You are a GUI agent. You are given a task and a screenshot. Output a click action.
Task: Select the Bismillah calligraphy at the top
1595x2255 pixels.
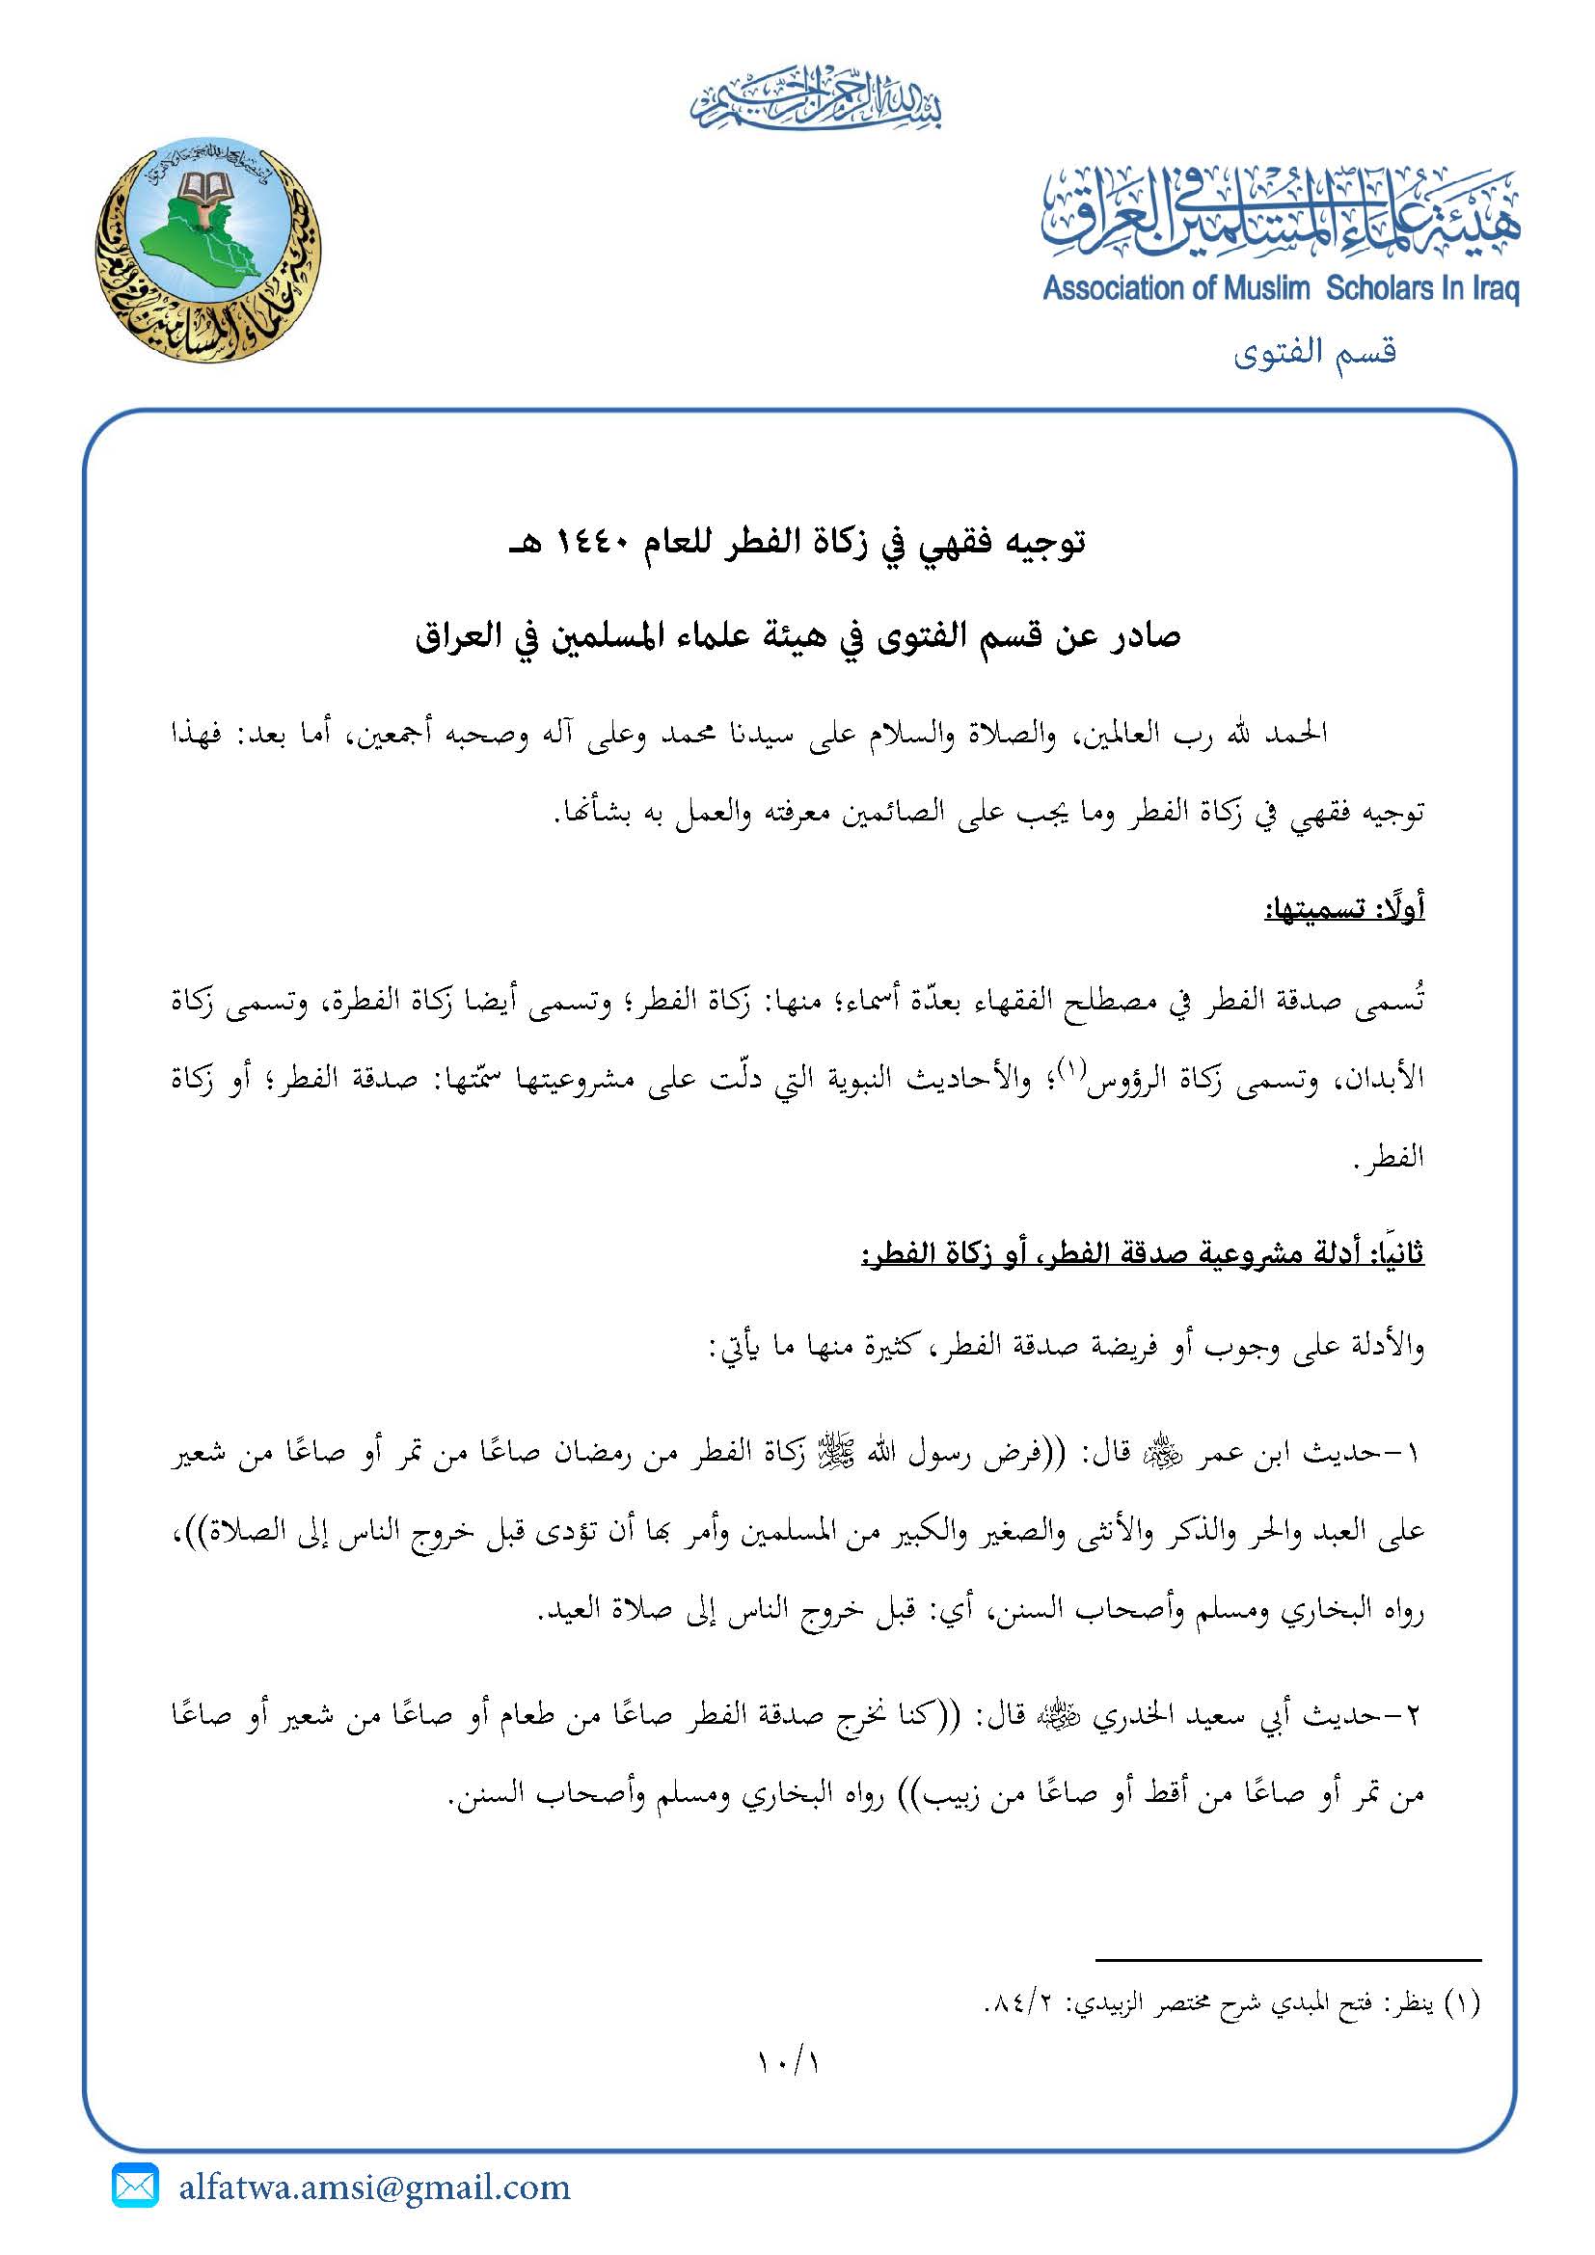coord(815,102)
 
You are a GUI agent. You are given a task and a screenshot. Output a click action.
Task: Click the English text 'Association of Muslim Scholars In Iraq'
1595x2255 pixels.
coord(1281,290)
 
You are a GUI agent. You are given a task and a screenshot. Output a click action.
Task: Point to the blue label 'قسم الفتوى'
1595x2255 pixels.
coord(1315,351)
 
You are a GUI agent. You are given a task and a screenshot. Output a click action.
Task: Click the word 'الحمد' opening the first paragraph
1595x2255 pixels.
coord(1295,734)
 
